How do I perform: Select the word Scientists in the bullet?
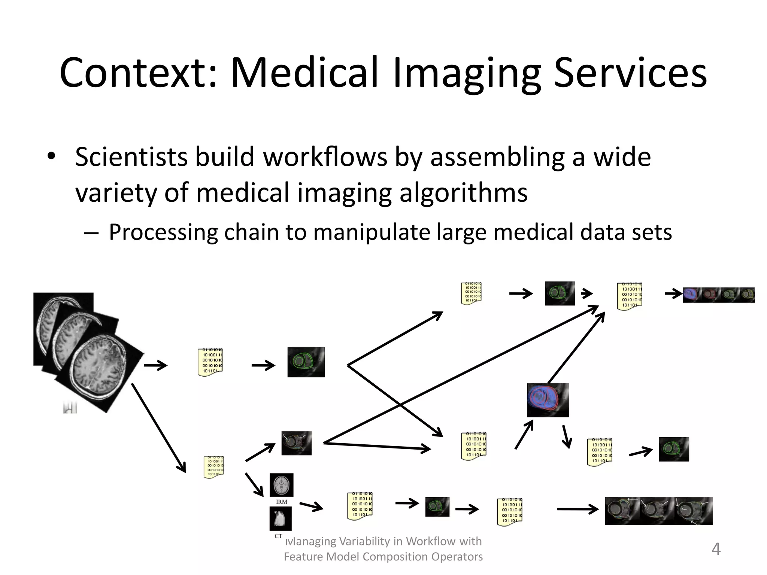(131, 157)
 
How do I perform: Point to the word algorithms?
(463, 193)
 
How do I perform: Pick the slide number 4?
(716, 549)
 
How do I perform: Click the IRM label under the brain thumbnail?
(281, 502)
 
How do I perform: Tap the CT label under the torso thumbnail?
(278, 536)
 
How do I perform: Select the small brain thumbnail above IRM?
(281, 485)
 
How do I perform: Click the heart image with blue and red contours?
(548, 400)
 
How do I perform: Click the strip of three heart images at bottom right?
(658, 511)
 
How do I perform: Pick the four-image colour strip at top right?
(718, 295)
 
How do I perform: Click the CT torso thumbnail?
(280, 518)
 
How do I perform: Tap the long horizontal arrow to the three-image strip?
(577, 509)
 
